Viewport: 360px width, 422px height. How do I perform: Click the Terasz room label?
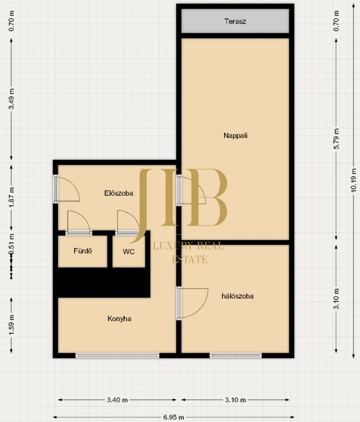(x=235, y=21)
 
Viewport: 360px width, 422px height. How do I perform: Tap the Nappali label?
(x=235, y=136)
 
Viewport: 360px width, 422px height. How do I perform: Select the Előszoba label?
(x=118, y=193)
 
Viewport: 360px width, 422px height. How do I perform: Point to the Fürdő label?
(x=83, y=251)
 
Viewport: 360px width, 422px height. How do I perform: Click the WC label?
(x=129, y=252)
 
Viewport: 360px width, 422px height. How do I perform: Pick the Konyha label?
(x=119, y=319)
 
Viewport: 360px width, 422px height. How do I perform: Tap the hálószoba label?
(x=237, y=296)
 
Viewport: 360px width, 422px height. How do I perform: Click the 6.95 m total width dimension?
(x=174, y=417)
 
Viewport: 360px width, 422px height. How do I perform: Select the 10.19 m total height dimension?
(x=354, y=180)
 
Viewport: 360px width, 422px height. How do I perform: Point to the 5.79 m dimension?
(x=336, y=139)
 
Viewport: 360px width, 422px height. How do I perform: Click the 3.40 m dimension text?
(x=117, y=400)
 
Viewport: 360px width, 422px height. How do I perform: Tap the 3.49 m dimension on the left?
(x=11, y=99)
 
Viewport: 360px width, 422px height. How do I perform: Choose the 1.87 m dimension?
(x=11, y=197)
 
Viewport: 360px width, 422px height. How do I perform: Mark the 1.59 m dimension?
(x=11, y=325)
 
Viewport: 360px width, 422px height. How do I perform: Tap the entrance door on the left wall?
(x=56, y=189)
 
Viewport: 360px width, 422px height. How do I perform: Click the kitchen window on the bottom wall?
(x=117, y=356)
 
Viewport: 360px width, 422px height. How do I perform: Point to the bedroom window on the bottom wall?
(x=235, y=356)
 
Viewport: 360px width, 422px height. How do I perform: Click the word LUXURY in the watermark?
(x=172, y=245)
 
